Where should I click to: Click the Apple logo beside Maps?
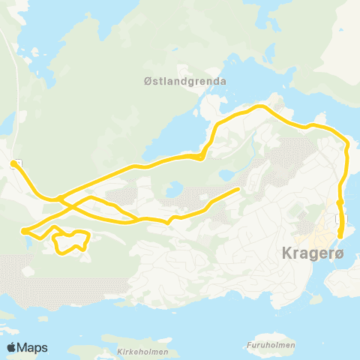pyautogui.click(x=11, y=347)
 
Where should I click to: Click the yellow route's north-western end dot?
pyautogui.click(x=13, y=163)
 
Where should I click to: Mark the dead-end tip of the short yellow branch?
pyautogui.click(x=238, y=188)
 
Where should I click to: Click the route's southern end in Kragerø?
pyautogui.click(x=340, y=236)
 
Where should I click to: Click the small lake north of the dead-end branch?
pyautogui.click(x=226, y=174)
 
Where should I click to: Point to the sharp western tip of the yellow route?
pyautogui.click(x=23, y=230)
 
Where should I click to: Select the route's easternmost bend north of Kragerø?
pyautogui.click(x=348, y=146)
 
